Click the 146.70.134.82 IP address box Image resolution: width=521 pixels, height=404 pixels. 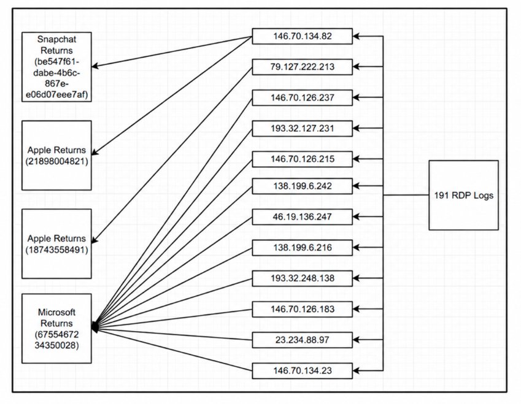click(302, 36)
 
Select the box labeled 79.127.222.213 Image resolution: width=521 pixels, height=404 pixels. click(302, 67)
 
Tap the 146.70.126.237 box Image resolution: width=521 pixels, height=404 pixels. click(302, 98)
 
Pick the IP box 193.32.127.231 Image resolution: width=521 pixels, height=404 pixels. click(302, 129)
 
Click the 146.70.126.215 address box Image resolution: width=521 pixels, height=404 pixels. click(302, 159)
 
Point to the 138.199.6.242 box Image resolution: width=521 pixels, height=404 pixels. click(302, 186)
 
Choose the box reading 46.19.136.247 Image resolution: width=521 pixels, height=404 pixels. click(302, 217)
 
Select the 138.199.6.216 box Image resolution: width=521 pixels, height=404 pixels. click(302, 248)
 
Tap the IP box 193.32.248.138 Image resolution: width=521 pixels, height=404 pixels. click(302, 278)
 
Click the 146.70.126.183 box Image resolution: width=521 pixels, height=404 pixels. click(302, 310)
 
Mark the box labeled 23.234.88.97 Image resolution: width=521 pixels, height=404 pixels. click(302, 340)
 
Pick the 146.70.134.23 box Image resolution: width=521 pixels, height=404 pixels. click(302, 371)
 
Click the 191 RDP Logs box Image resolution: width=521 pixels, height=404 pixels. click(463, 195)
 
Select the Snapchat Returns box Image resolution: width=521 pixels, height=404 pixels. click(56, 67)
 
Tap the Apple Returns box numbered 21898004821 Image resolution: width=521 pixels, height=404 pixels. click(56, 155)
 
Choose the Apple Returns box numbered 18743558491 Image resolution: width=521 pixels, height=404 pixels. click(56, 243)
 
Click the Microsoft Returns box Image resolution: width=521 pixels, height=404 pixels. click(56, 329)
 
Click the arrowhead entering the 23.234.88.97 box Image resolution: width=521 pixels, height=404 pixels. click(356, 340)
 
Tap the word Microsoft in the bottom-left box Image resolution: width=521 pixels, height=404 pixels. click(56, 313)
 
